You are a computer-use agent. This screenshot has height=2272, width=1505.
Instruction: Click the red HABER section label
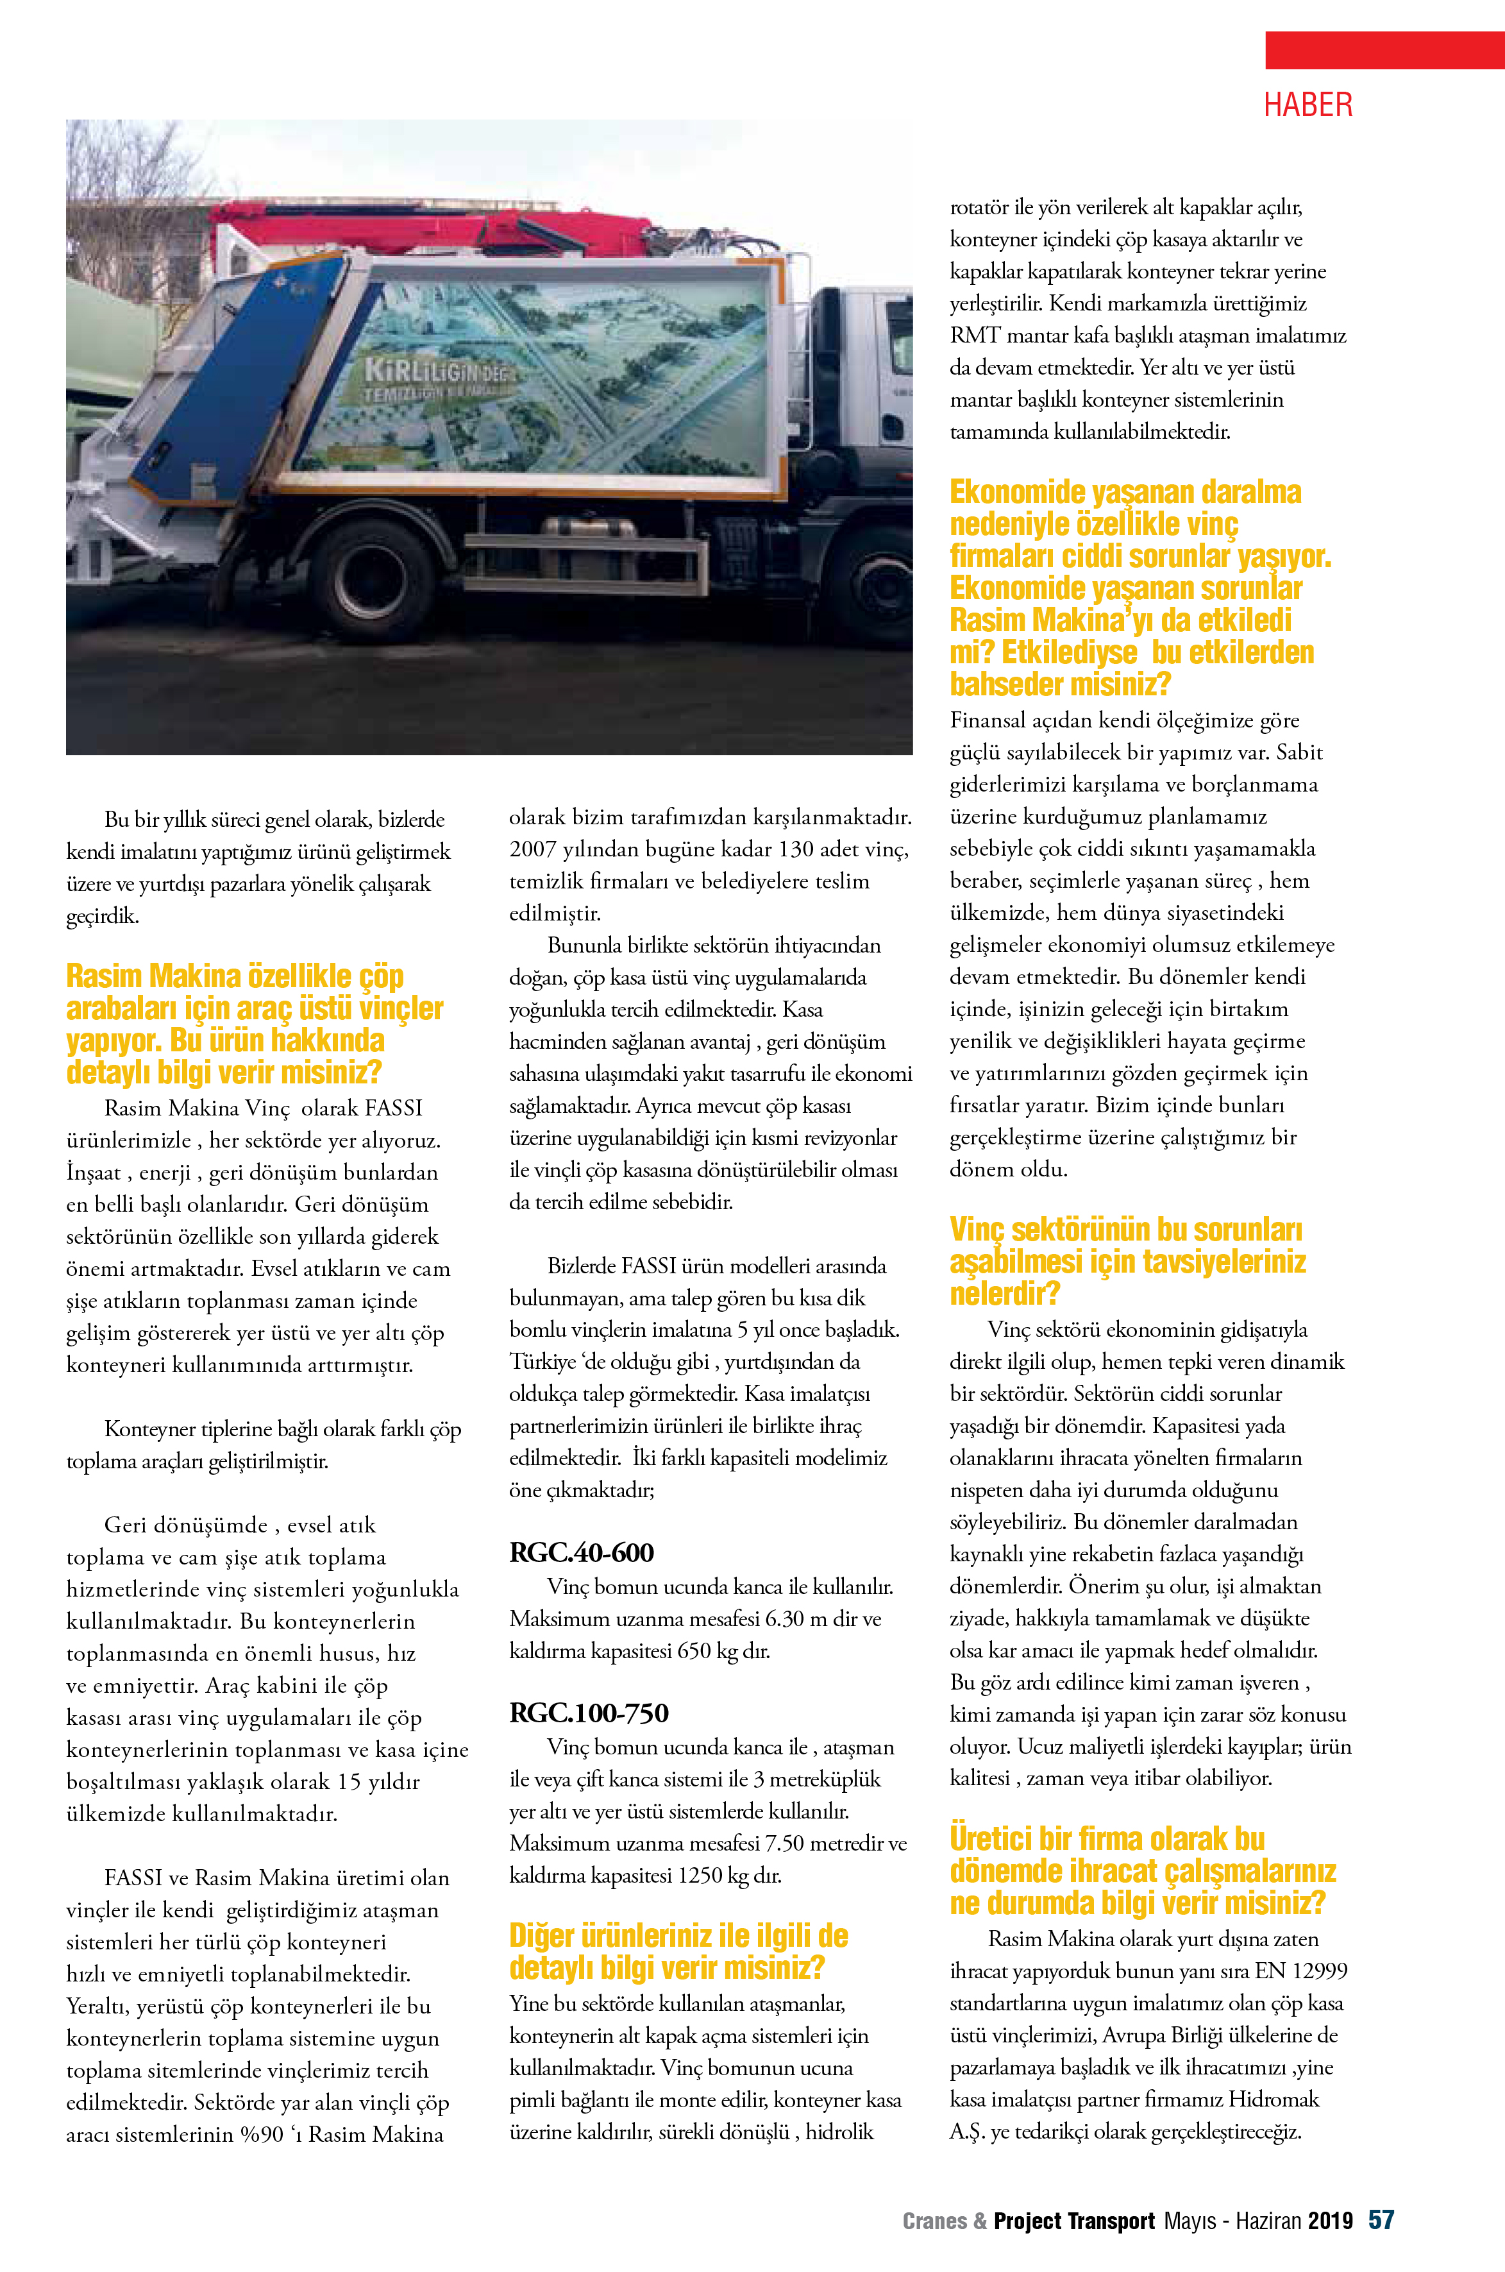[x=1307, y=105]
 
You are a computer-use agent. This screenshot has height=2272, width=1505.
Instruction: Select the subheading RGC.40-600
[x=581, y=1552]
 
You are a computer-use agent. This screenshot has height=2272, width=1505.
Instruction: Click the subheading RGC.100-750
[x=589, y=1713]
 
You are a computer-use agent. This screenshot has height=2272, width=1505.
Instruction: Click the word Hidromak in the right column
[x=1273, y=2099]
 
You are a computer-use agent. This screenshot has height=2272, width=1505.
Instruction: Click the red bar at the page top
[x=1384, y=50]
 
